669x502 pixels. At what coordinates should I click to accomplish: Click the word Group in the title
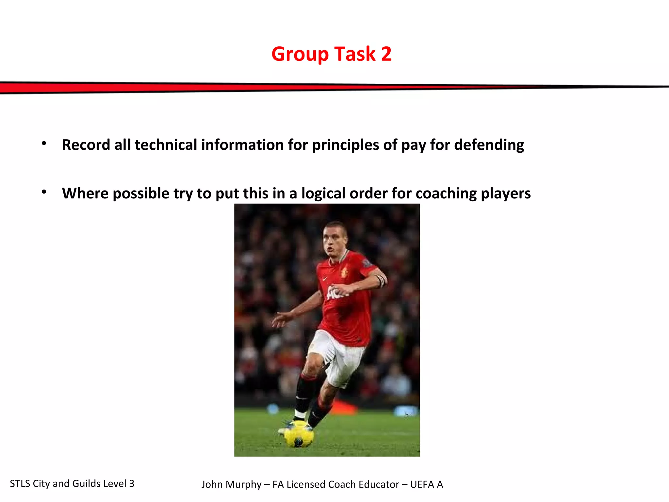(300, 54)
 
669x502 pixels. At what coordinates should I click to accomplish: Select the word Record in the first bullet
(86, 145)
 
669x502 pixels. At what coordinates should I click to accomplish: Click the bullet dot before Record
(44, 143)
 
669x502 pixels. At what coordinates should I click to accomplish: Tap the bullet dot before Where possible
(44, 192)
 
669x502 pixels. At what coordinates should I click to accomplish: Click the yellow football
(299, 434)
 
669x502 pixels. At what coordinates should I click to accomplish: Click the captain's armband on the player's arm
(381, 280)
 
